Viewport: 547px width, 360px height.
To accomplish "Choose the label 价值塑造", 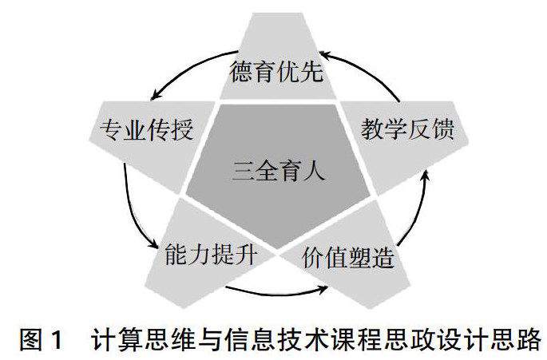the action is (350, 259).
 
